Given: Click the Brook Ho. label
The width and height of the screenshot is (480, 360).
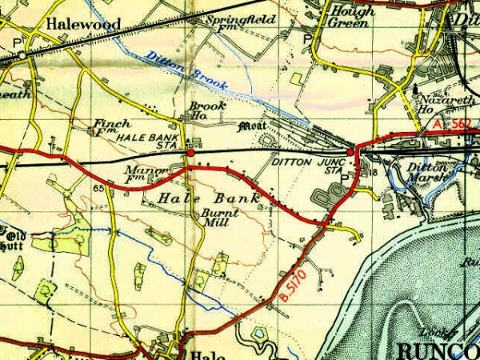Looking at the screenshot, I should [207, 110].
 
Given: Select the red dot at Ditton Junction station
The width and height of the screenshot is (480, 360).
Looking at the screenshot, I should [350, 151].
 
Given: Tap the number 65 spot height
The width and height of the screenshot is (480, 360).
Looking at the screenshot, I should [99, 188].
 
